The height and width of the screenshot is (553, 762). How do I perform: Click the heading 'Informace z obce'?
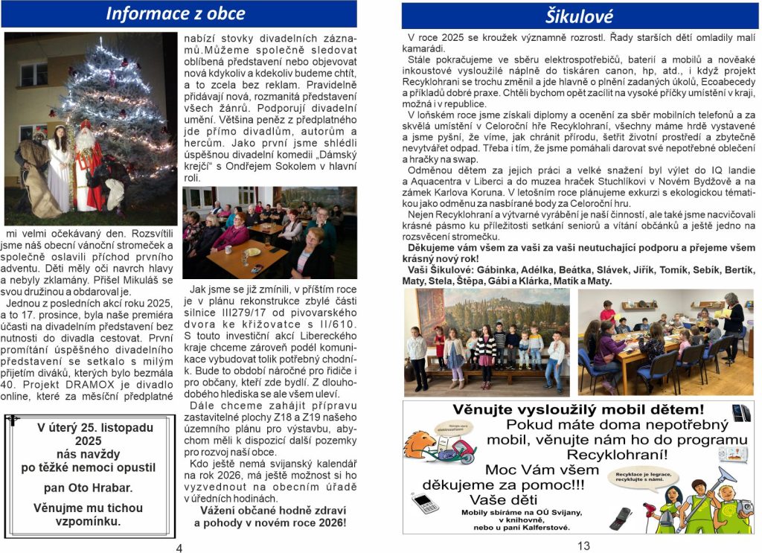pos(175,13)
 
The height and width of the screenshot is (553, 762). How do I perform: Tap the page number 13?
pos(583,546)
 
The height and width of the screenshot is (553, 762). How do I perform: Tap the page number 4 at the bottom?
pos(179,549)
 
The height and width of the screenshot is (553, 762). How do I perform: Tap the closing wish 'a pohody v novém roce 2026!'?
pos(269,523)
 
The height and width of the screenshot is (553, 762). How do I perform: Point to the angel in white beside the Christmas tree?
pos(58,167)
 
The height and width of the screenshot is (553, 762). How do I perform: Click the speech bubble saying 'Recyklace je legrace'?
pos(639,476)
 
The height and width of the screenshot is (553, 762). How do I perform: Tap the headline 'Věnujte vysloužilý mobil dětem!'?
pos(577,409)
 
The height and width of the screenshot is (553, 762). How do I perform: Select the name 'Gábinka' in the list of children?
pos(496,270)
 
